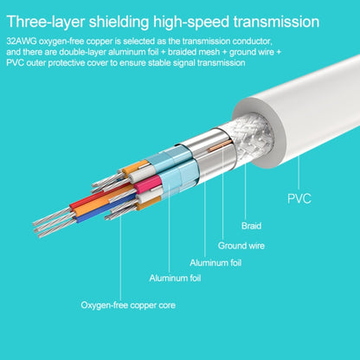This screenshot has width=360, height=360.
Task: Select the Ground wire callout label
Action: tap(241, 246)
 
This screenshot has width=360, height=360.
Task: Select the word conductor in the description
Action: tap(253, 41)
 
